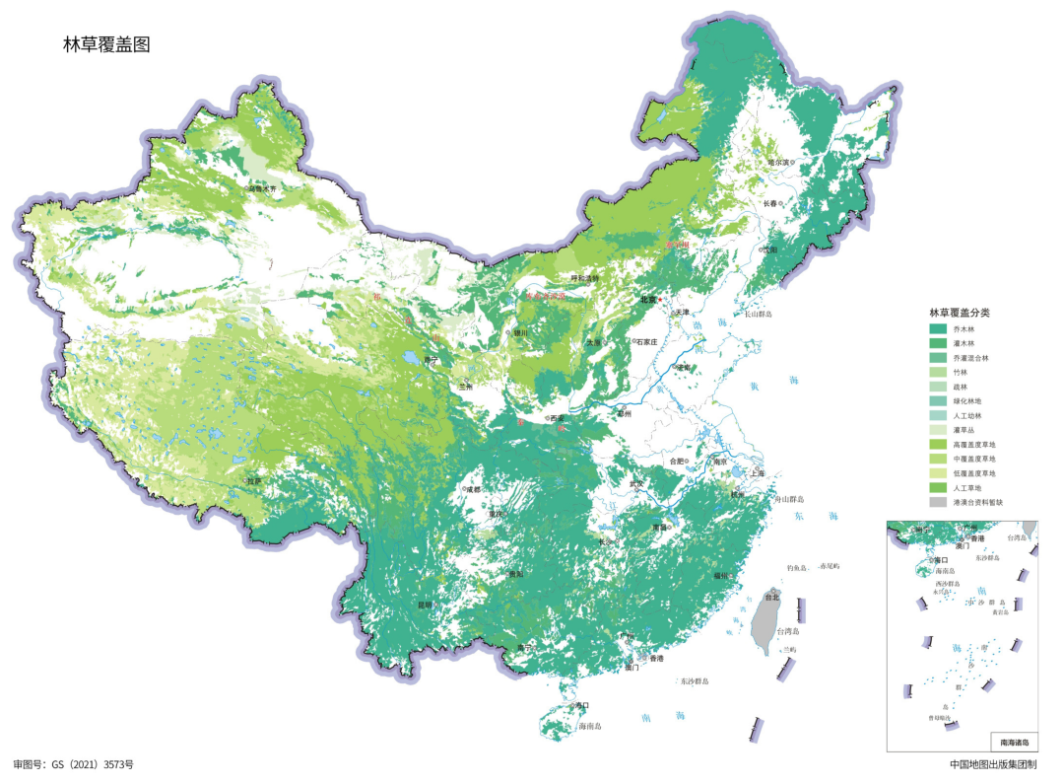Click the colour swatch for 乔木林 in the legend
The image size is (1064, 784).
tap(937, 328)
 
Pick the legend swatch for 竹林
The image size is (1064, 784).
tap(937, 372)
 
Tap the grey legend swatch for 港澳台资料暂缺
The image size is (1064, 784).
tap(937, 502)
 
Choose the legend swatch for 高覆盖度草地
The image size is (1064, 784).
tap(937, 444)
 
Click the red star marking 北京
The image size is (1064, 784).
tap(662, 300)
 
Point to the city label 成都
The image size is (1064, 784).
tap(472, 489)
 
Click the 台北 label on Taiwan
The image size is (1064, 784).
tap(771, 597)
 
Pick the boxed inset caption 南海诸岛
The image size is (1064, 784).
tap(1014, 742)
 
